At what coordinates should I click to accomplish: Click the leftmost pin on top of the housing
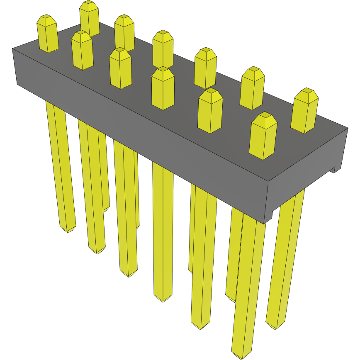47,34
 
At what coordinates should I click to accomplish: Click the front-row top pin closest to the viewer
263,136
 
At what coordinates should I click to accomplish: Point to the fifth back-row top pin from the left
253,88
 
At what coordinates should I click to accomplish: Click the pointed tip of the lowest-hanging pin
241,356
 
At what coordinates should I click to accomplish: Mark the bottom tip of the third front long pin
128,275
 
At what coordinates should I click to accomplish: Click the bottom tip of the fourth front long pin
163,299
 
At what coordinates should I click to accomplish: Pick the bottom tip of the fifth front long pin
201,327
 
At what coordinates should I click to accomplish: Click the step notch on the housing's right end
332,169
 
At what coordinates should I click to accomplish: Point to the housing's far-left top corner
13,49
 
